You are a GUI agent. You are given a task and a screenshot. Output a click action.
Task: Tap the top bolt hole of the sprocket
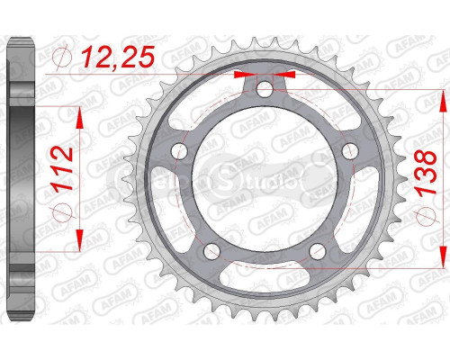tap(264, 90)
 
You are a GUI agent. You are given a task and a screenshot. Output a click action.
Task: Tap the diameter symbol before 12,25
tap(61, 61)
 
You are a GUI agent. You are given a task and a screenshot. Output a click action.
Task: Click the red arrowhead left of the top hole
tap(242, 75)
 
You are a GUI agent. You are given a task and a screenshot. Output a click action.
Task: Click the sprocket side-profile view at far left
tap(21, 180)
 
